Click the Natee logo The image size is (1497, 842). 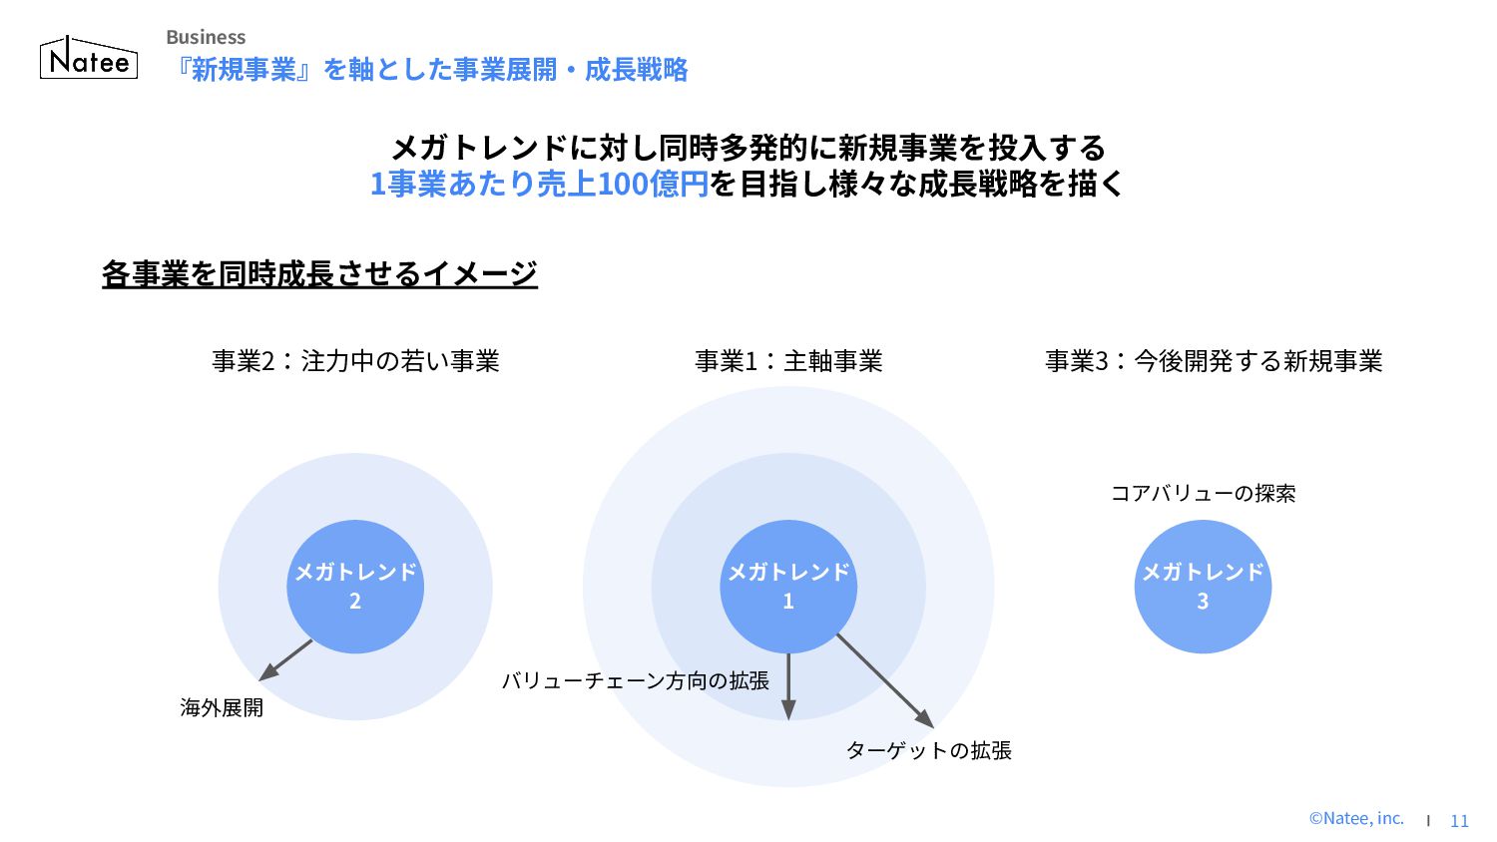(89, 59)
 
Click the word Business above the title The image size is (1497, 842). (206, 37)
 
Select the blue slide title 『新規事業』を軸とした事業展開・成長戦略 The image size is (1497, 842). (430, 70)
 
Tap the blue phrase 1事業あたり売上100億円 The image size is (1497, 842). (539, 185)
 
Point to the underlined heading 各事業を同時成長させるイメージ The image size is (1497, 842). (319, 273)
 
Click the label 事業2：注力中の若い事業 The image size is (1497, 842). (355, 361)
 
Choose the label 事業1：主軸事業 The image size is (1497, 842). (788, 361)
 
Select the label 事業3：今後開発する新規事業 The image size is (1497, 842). (1214, 361)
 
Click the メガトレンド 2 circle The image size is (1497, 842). (355, 587)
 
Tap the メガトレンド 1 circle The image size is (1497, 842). (788, 587)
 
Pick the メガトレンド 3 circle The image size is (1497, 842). (1203, 587)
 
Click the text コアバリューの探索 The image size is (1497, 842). (1203, 494)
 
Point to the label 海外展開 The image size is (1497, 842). (222, 708)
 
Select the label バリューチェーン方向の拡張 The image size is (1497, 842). (635, 681)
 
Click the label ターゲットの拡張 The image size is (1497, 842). (928, 751)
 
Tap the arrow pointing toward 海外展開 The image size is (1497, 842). (285, 660)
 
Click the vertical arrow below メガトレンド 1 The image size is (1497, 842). (788, 686)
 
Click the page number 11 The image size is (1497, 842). (1459, 821)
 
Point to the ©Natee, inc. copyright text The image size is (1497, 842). (1356, 819)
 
